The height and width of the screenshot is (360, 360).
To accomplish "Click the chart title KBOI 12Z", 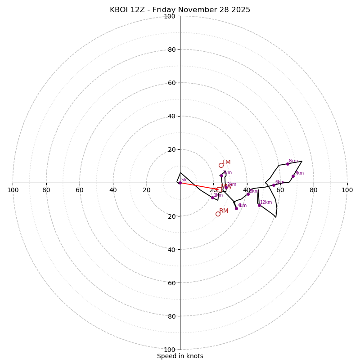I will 180,10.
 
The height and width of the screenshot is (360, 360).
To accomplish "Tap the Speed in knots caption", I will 180,356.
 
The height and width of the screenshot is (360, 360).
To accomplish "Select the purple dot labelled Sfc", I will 180,183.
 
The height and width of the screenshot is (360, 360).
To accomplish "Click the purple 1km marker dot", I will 212,198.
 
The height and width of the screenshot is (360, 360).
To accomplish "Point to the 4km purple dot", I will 236,208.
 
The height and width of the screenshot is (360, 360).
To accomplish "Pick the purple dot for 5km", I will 248,194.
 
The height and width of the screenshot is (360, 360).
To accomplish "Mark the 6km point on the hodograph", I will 274,185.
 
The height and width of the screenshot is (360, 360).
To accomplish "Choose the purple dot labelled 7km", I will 293,176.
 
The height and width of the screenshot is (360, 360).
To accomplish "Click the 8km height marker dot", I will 288,164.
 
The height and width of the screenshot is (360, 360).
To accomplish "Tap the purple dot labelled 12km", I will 259,205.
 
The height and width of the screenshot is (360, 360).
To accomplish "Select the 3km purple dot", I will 221,175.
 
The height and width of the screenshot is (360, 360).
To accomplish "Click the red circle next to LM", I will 221,165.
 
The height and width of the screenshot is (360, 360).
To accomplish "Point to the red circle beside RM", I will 218,214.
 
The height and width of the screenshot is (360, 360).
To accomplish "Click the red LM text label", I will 226,162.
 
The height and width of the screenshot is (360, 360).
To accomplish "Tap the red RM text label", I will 224,211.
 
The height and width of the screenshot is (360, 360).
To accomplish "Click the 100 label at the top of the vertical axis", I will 170,16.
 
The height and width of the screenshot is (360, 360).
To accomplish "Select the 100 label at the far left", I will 13,190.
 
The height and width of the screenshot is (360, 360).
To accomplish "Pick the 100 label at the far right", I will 347,190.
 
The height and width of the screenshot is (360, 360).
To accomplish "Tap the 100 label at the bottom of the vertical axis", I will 170,349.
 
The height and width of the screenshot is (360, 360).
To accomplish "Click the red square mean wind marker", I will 219,189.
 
